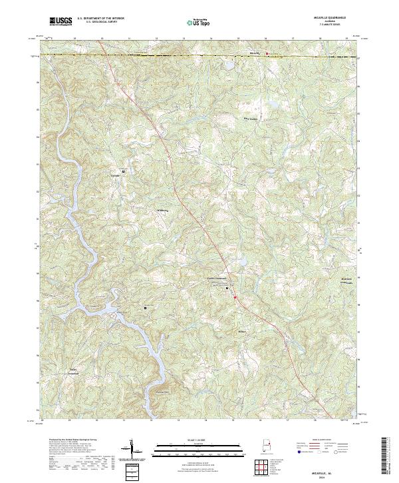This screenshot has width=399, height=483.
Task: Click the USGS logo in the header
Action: click(61, 22)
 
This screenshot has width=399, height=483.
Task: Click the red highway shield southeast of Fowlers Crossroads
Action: click(235, 298)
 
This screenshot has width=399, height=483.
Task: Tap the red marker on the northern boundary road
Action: click(267, 53)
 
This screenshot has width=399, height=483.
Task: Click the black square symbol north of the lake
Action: click(145, 308)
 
